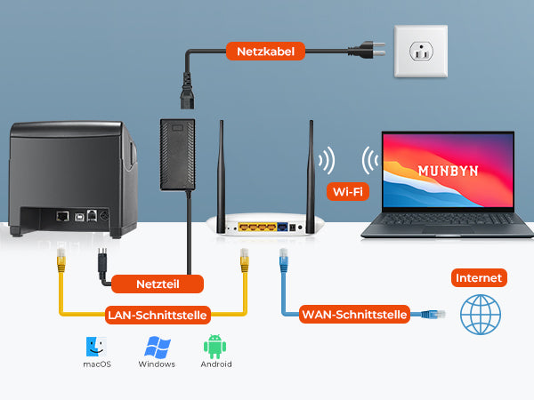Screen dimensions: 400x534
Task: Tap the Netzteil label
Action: coord(158,285)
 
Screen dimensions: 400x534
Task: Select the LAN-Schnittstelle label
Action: coord(158,314)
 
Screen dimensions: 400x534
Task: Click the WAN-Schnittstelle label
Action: coord(355,314)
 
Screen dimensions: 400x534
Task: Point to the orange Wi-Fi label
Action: coord(350,190)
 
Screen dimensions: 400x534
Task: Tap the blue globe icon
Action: coord(481,315)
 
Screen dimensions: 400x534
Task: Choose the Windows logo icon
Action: coord(157,347)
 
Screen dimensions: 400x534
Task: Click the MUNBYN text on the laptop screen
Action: coord(447,170)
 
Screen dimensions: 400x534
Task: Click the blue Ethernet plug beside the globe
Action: coord(433,314)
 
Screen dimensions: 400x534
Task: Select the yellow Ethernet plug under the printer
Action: coord(60,261)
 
